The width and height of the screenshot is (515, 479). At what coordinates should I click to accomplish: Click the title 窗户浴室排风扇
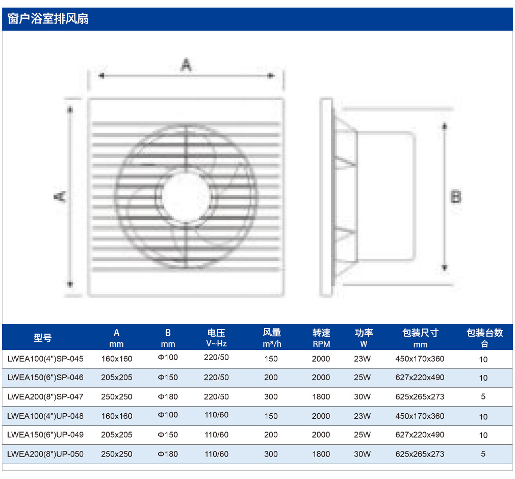coord(48,19)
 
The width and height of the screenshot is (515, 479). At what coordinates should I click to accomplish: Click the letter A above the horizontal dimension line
coord(186,65)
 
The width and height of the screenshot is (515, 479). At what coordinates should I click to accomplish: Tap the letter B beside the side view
coord(456,197)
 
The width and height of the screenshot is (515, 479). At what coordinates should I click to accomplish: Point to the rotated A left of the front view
coord(60,197)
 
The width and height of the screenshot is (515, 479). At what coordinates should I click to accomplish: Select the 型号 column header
coord(43,338)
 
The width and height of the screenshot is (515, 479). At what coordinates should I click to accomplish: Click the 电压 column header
coord(216,333)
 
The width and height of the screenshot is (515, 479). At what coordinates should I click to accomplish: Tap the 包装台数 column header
coord(485,333)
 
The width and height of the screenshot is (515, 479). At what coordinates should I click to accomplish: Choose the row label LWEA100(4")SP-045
coord(45,359)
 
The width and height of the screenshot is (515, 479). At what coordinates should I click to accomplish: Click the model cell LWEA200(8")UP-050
coord(45,454)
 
